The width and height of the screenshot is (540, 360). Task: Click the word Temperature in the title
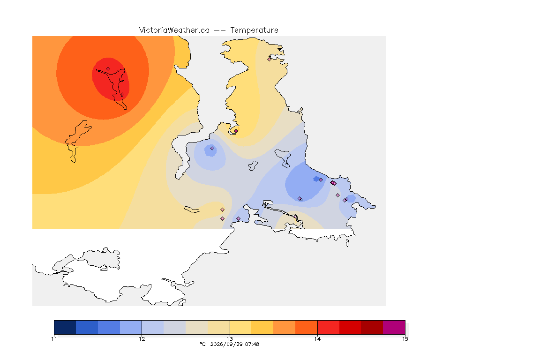(254, 30)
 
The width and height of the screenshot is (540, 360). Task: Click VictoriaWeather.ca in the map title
(174, 30)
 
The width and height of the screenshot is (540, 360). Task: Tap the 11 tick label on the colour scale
(54, 339)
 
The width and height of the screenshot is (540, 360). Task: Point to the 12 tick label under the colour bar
(142, 339)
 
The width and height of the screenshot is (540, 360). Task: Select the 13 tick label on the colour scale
(230, 339)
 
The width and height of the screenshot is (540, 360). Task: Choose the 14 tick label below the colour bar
(317, 339)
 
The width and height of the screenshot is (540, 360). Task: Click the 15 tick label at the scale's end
(405, 339)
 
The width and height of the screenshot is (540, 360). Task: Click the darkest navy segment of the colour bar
(65, 327)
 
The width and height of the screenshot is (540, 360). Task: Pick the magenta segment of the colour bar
(394, 327)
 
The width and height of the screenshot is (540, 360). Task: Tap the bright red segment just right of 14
(329, 327)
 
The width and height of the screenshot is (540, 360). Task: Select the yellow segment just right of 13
(241, 327)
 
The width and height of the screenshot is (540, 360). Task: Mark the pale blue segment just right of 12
(153, 327)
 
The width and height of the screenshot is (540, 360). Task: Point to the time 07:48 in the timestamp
(252, 344)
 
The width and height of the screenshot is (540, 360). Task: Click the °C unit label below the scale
(202, 344)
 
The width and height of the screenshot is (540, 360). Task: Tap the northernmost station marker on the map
(270, 59)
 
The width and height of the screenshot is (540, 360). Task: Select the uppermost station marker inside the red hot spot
(108, 69)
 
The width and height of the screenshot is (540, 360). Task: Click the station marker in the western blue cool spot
(212, 149)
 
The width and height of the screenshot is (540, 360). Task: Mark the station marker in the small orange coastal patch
(236, 131)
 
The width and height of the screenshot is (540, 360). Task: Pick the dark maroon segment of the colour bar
(372, 327)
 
